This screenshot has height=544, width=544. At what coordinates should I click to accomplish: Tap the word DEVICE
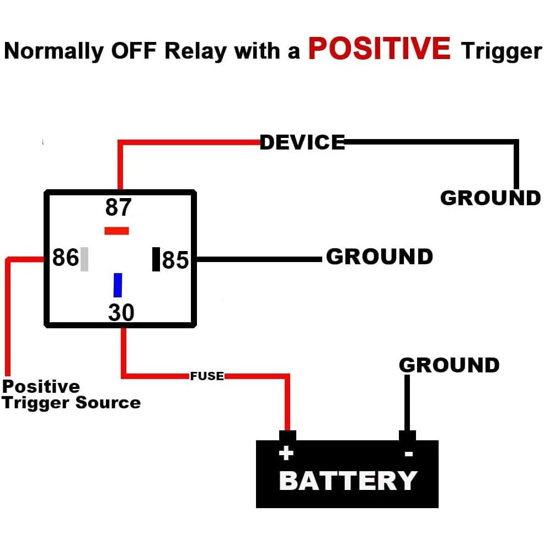point(302,142)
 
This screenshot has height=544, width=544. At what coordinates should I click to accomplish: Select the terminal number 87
point(118,207)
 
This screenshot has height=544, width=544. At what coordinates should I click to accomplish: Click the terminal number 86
point(65,258)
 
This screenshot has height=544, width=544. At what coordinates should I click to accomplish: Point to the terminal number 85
point(175,260)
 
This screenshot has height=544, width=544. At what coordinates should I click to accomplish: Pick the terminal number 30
point(121,312)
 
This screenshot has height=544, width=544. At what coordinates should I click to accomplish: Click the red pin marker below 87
point(116,231)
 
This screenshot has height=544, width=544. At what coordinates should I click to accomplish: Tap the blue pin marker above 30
point(118,285)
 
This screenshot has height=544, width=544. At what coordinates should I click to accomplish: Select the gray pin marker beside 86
point(84,259)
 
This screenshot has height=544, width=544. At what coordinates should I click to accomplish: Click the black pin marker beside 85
point(156,259)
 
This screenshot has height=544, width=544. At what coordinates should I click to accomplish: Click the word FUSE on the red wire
point(207,376)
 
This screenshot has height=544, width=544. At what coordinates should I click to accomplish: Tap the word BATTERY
point(348,481)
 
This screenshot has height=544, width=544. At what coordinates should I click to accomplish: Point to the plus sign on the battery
point(286,453)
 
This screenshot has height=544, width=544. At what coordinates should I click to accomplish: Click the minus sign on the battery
point(409,454)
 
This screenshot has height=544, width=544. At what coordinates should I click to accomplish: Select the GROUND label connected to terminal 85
point(380,257)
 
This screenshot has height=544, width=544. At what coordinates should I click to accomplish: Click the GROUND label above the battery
point(449,365)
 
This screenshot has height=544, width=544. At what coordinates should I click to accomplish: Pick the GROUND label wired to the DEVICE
point(490,198)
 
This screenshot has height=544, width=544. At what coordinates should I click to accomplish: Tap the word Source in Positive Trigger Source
point(108,402)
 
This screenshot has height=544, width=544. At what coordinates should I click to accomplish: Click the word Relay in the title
point(195,51)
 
